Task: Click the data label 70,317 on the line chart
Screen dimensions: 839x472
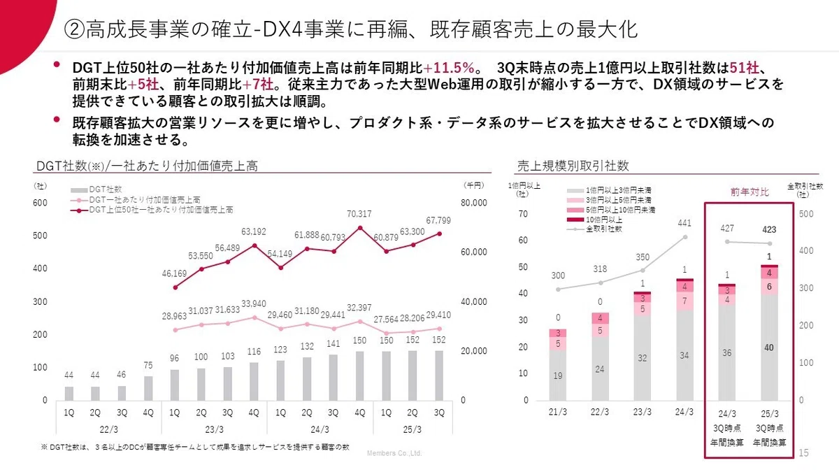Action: [359, 214]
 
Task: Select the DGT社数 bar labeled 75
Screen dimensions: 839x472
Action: [148, 389]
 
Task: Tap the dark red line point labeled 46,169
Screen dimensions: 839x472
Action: [175, 287]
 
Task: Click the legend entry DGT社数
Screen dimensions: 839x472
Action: [96, 189]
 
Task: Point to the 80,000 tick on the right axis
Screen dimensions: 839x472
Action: [474, 203]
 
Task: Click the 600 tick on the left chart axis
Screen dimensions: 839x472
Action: [40, 203]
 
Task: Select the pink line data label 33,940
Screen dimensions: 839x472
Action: [254, 303]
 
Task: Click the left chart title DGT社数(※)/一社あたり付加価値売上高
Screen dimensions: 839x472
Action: [147, 166]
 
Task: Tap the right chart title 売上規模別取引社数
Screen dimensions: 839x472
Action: [573, 166]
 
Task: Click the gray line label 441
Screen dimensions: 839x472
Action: [684, 223]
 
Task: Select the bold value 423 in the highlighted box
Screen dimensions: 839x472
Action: [769, 229]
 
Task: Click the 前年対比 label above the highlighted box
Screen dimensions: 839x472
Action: [750, 192]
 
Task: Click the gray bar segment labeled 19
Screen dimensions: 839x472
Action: [558, 376]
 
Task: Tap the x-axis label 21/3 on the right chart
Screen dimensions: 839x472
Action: [558, 412]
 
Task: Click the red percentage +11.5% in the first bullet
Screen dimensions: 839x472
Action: [449, 68]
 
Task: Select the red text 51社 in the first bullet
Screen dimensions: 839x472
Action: [744, 68]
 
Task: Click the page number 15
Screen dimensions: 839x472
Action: [803, 453]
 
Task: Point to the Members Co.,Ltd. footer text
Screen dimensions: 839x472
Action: [394, 453]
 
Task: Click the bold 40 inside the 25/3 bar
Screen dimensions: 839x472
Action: [769, 348]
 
